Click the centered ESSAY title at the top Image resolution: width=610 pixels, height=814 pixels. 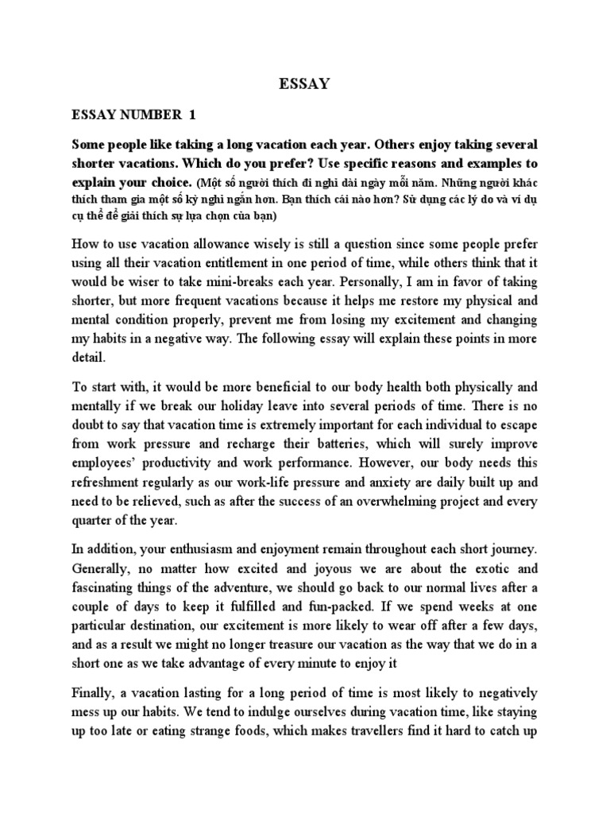point(304,83)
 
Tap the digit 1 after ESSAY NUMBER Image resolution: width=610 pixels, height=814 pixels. point(191,115)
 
